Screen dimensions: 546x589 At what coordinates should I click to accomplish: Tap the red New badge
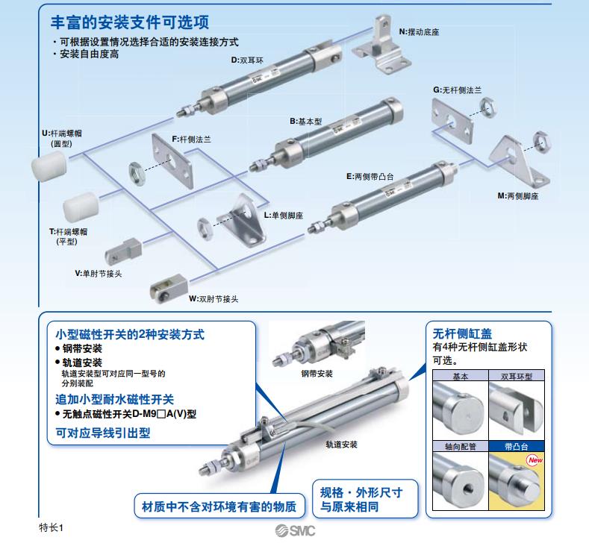tap(534, 460)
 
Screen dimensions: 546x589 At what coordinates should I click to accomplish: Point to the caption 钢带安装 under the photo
tap(317, 373)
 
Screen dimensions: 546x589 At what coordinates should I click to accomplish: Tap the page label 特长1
tap(52, 527)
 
